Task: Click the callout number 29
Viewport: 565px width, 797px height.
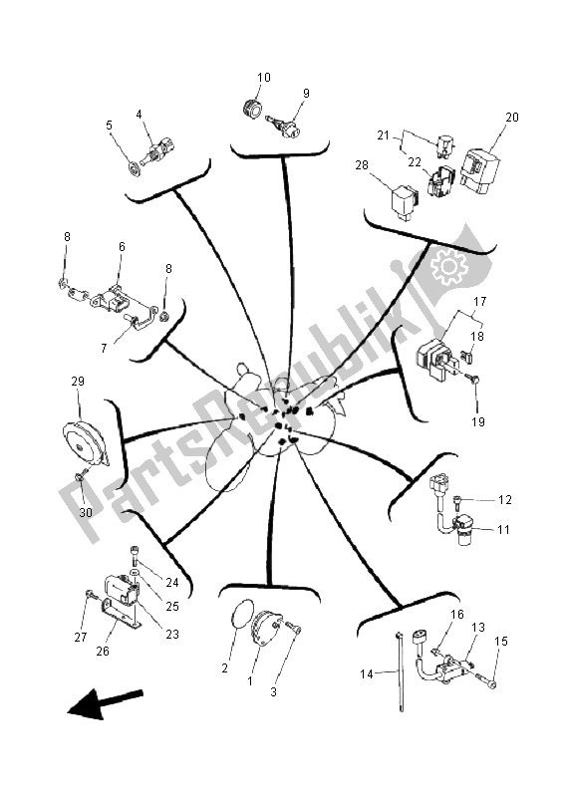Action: pyautogui.click(x=78, y=382)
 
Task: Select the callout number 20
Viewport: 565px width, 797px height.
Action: pyautogui.click(x=511, y=117)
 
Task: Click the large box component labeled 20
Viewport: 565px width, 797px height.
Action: pyautogui.click(x=479, y=170)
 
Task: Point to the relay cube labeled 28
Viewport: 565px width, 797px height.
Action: pyautogui.click(x=405, y=202)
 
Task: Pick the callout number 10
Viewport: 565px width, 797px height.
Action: pyautogui.click(x=263, y=78)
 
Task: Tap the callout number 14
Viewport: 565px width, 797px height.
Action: pyautogui.click(x=367, y=674)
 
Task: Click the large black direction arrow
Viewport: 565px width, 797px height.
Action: pyautogui.click(x=106, y=703)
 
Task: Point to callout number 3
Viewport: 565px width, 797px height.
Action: pyautogui.click(x=274, y=691)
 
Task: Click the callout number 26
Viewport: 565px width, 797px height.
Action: pyautogui.click(x=103, y=652)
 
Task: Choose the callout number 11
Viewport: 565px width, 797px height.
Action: pyautogui.click(x=503, y=530)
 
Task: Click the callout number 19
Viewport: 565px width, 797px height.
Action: pyautogui.click(x=477, y=421)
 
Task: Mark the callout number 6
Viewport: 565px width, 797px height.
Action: pyautogui.click(x=122, y=246)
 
